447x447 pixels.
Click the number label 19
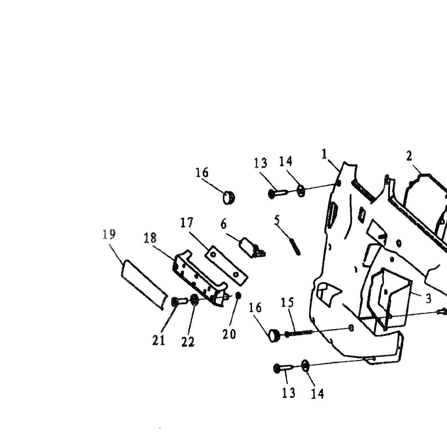[x=109, y=234]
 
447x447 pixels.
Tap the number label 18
[x=150, y=238]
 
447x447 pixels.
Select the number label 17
[x=187, y=222]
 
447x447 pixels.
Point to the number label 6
[x=223, y=224]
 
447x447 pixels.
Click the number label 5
[x=277, y=220]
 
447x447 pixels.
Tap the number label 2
[x=409, y=156]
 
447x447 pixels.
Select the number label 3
[x=429, y=298]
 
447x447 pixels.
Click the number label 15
[x=287, y=302]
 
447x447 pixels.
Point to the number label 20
[x=229, y=334]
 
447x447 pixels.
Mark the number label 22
[x=188, y=341]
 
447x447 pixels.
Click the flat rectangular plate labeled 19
[x=144, y=284]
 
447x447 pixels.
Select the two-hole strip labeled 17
[x=226, y=265]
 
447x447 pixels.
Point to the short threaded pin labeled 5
[x=295, y=246]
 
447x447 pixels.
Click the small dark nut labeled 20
[x=238, y=295]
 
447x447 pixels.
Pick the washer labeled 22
[x=194, y=300]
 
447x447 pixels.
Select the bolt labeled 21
[x=178, y=302]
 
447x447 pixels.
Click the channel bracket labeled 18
[x=199, y=278]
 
